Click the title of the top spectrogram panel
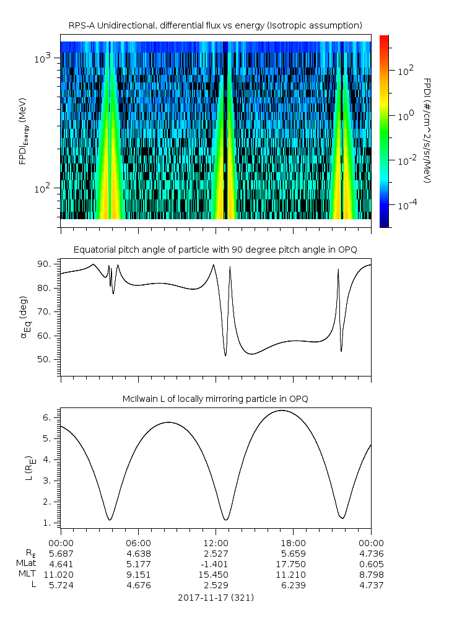point(215,25)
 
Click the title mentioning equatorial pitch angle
point(215,250)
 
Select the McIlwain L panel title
point(215,399)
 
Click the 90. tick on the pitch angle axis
point(48,264)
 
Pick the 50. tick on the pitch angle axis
point(48,359)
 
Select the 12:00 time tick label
point(216,542)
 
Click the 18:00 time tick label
point(293,542)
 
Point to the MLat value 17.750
point(293,564)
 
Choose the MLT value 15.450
point(216,575)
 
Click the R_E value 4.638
point(138,554)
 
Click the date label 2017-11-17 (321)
point(216,598)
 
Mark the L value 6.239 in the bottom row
point(293,585)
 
